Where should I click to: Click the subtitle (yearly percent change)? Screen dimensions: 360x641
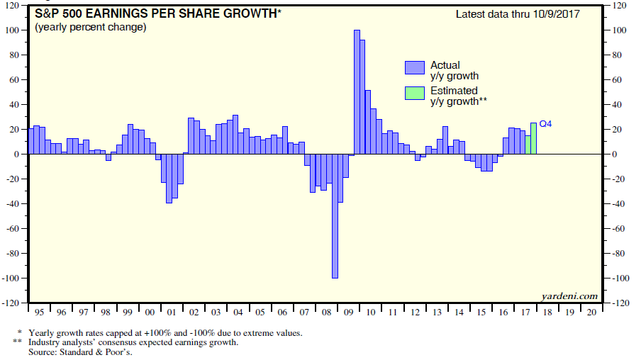point(90,28)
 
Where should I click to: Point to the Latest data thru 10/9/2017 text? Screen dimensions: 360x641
point(518,14)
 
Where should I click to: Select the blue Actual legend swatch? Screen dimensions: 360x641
point(413,68)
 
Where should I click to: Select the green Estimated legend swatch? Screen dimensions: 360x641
point(413,94)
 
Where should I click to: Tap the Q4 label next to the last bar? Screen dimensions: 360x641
point(545,124)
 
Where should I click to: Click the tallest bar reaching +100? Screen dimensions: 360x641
point(357,92)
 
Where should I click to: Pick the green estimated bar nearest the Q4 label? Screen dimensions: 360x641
point(533,139)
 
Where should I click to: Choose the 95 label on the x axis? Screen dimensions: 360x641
point(39,312)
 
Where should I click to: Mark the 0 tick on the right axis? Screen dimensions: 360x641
point(613,154)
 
